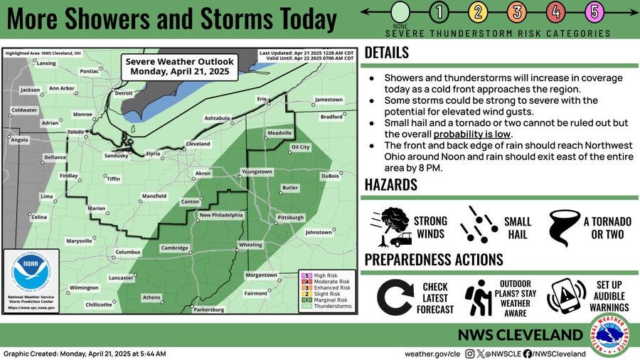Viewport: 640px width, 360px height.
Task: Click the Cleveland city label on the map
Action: pyautogui.click(x=198, y=144)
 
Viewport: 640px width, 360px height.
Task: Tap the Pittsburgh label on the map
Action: pyautogui.click(x=290, y=217)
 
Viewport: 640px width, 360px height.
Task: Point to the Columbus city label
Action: pyautogui.click(x=129, y=252)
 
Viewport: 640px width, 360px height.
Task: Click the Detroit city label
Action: pyautogui.click(x=124, y=93)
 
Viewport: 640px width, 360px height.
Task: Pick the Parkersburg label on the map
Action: pyautogui.click(x=208, y=309)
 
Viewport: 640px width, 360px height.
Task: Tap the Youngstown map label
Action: pyautogui.click(x=257, y=171)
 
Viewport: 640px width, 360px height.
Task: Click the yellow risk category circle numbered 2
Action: pyautogui.click(x=478, y=11)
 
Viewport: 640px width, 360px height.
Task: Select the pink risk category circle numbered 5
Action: pyautogui.click(x=594, y=11)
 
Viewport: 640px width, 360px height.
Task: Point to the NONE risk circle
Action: pyautogui.click(x=400, y=12)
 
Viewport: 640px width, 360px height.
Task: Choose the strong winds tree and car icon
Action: pyautogui.click(x=390, y=226)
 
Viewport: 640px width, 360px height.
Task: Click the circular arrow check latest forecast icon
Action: pyautogui.click(x=395, y=297)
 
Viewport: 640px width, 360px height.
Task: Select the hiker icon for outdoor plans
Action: pyautogui.click(x=479, y=297)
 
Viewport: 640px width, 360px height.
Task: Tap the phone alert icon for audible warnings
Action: pyautogui.click(x=565, y=297)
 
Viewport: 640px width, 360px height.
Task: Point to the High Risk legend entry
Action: pyautogui.click(x=324, y=275)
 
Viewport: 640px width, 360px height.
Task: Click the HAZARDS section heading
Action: pyautogui.click(x=391, y=185)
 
